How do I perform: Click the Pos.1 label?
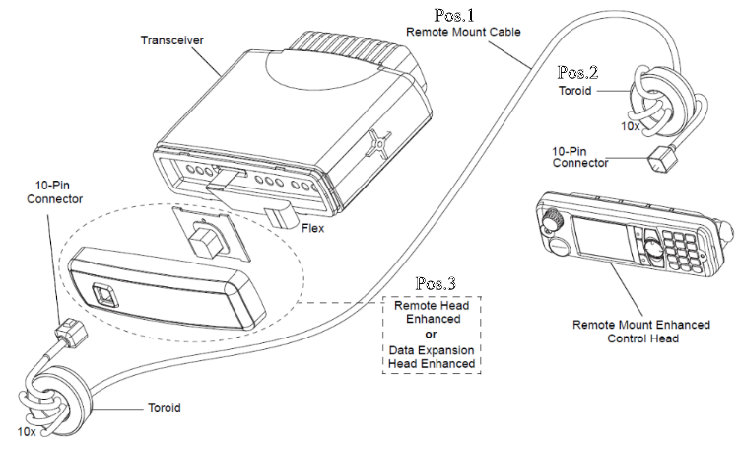pyautogui.click(x=456, y=15)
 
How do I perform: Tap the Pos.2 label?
pyautogui.click(x=577, y=73)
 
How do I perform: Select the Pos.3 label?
pyautogui.click(x=436, y=284)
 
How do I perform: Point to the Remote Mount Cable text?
pyautogui.click(x=462, y=32)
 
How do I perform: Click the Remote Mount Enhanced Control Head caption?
pyautogui.click(x=641, y=332)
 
